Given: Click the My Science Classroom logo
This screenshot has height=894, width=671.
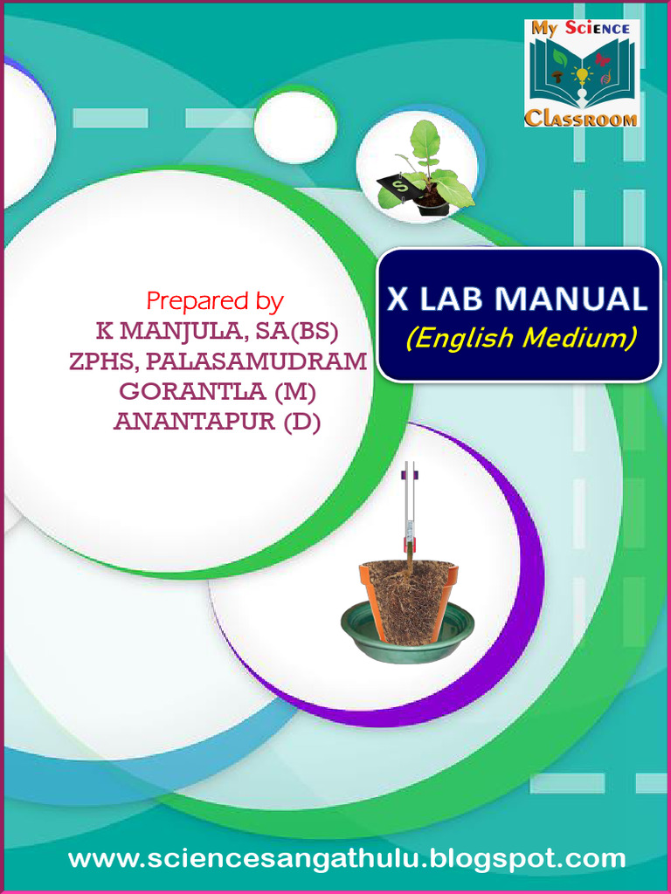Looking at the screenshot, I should (x=582, y=73).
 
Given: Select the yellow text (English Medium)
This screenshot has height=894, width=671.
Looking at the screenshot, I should (x=521, y=337).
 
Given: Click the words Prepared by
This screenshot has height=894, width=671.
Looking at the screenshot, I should (x=215, y=301).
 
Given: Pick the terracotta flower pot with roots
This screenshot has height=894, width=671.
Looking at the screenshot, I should (x=409, y=601).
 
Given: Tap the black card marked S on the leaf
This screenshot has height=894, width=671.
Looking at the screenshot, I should (x=395, y=184).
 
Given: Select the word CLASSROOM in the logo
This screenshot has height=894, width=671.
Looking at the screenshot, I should (x=582, y=118).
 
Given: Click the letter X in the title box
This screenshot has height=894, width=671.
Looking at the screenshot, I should (x=398, y=299).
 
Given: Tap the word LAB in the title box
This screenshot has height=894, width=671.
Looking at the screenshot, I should (x=453, y=299).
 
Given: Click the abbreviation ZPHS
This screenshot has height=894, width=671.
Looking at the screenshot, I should (x=98, y=361).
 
